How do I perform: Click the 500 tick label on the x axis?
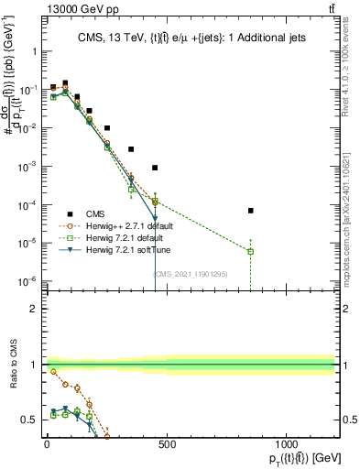[x=167, y=445]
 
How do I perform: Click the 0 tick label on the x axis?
[x=47, y=445]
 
